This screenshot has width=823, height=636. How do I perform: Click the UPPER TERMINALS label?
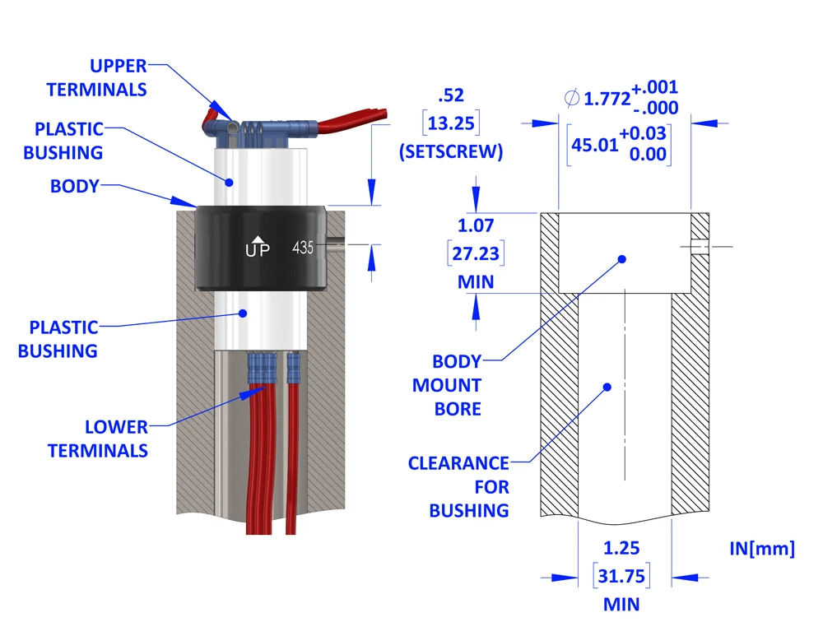pyautogui.click(x=96, y=77)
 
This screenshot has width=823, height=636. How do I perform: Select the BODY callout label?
pyautogui.click(x=74, y=186)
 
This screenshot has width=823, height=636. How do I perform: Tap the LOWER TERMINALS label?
pyautogui.click(x=98, y=439)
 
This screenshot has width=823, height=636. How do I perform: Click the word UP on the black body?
pyautogui.click(x=257, y=251)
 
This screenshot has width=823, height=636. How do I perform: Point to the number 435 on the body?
pyautogui.click(x=303, y=248)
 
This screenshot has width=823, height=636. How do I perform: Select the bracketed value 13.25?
pyautogui.click(x=451, y=124)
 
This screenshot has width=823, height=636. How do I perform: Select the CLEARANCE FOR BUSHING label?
pyautogui.click(x=458, y=486)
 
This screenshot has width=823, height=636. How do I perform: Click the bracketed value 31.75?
pyautogui.click(x=621, y=576)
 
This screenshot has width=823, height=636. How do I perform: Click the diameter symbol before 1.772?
pyautogui.click(x=571, y=99)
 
